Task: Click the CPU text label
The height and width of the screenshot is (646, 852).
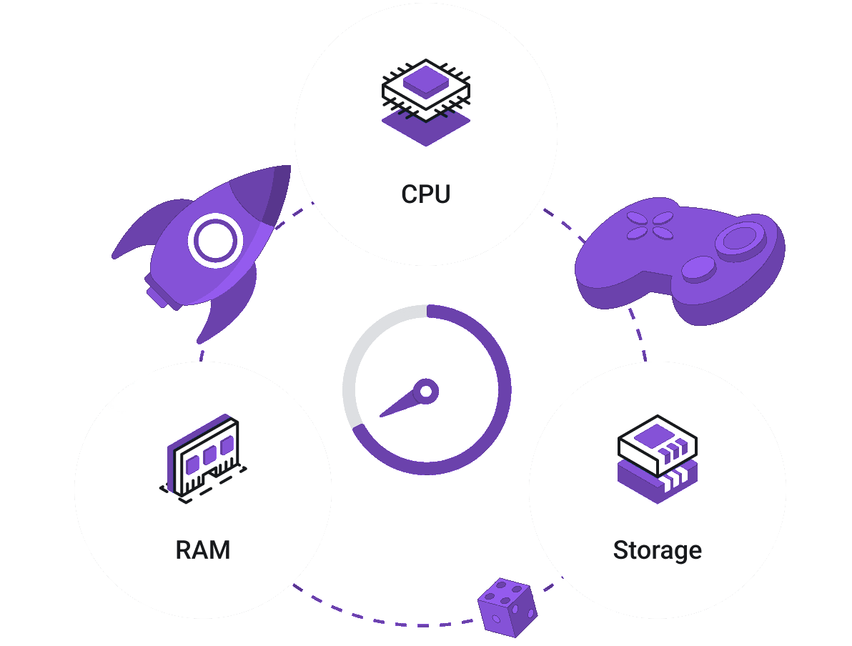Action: [x=426, y=194]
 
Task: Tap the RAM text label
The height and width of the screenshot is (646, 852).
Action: [x=203, y=550]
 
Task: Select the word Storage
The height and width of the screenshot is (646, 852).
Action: [x=657, y=550]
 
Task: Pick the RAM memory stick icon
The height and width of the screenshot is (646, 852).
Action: [x=204, y=458]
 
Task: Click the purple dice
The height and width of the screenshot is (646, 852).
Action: [x=507, y=607]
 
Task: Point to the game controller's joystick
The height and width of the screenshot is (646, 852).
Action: [x=741, y=237]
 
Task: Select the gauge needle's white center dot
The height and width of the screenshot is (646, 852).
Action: [x=426, y=391]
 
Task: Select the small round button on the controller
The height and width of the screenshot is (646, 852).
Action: [x=698, y=269]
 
